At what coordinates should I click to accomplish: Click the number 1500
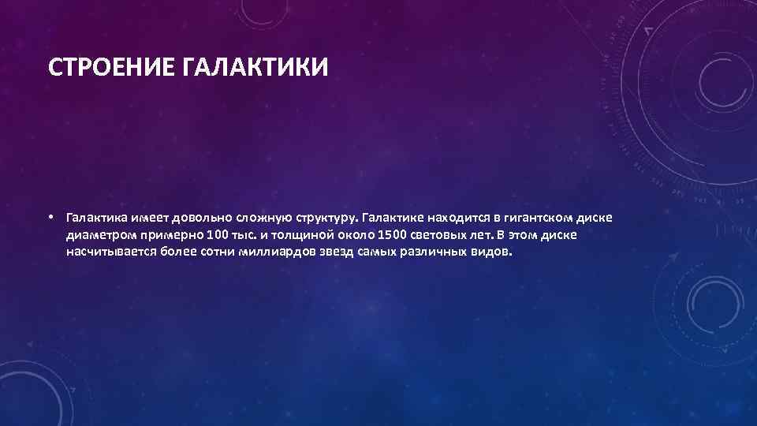coord(393,235)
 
